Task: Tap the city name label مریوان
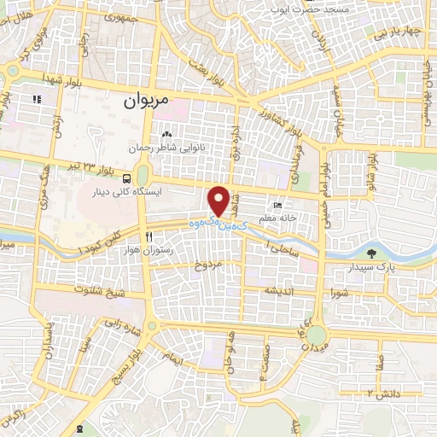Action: tap(143, 101)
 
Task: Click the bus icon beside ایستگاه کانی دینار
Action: tap(126, 178)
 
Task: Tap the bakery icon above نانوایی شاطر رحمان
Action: tap(167, 134)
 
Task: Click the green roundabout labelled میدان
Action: tap(317, 335)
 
